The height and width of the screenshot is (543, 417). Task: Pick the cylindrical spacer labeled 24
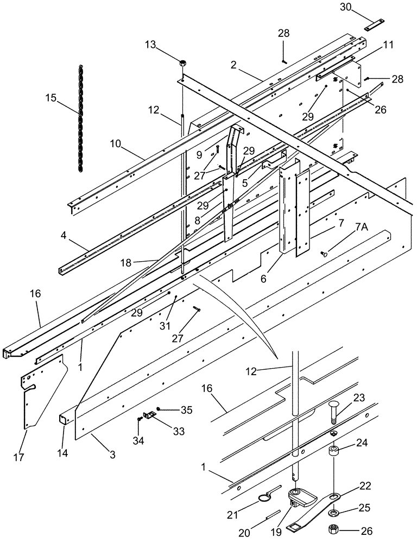coord(335,451)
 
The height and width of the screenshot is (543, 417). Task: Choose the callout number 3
coord(112,454)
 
